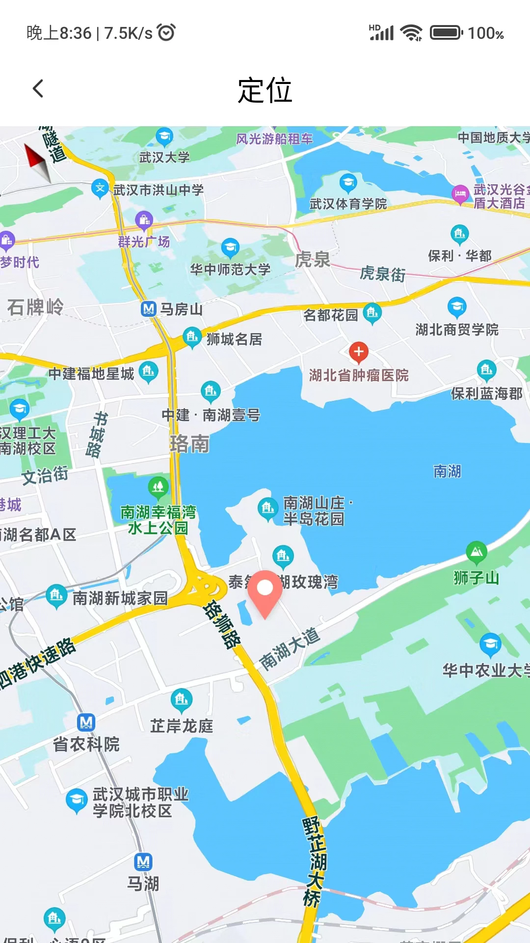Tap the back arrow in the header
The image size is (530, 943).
click(x=38, y=89)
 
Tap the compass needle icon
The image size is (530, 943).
click(x=38, y=162)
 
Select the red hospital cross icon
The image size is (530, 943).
click(x=359, y=352)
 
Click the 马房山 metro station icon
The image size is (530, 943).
click(x=148, y=309)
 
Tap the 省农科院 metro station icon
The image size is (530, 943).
click(x=86, y=722)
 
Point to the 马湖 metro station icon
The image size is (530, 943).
click(x=143, y=861)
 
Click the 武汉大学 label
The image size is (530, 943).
click(x=164, y=157)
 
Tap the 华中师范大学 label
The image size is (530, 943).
click(x=230, y=269)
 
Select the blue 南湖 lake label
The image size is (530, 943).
click(x=447, y=471)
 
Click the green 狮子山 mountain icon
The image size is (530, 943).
click(x=476, y=553)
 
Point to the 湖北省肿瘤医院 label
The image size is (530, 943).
click(x=359, y=375)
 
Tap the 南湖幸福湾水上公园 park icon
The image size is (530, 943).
click(x=158, y=487)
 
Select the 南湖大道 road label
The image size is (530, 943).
click(x=290, y=648)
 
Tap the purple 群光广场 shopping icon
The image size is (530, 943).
click(x=144, y=221)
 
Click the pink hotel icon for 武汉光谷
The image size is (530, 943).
click(x=460, y=194)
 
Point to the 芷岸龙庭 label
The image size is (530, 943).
click(x=182, y=726)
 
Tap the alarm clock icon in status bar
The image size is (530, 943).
click(x=166, y=32)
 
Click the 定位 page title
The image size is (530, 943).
click(x=265, y=90)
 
